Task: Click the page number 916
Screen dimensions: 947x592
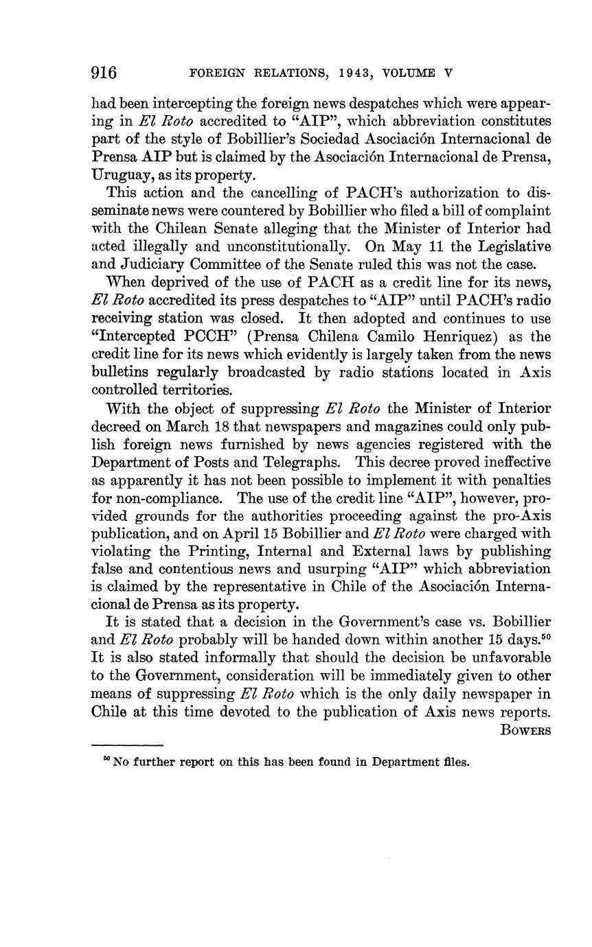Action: coord(104,72)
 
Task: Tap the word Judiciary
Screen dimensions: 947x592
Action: coord(152,264)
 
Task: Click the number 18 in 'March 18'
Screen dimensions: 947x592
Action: coord(249,426)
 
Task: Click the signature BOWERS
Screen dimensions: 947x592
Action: coord(526,730)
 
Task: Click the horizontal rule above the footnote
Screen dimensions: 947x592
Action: coord(127,745)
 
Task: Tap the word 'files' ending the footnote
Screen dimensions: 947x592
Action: coord(455,762)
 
